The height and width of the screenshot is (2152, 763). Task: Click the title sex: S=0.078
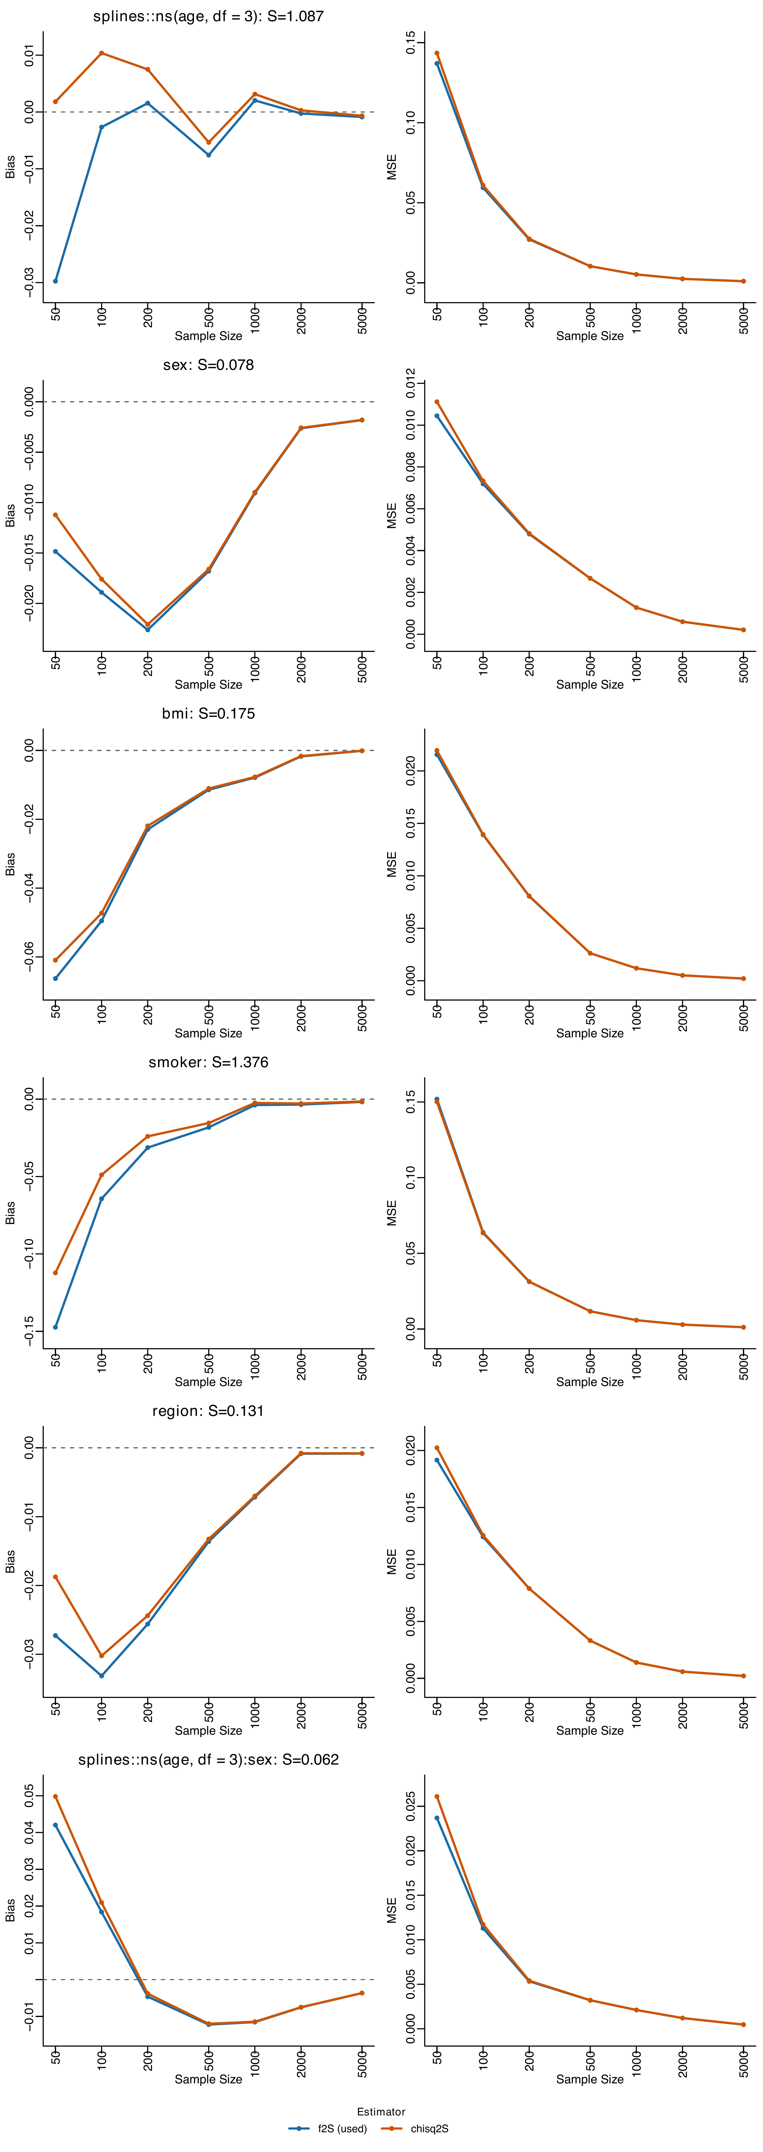tap(208, 365)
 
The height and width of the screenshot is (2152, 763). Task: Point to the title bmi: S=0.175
tap(208, 713)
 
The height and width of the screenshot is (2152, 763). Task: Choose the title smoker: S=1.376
tap(208, 1062)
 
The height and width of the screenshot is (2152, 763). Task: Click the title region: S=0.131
tap(208, 1411)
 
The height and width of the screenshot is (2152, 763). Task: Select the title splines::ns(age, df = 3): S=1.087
tap(208, 16)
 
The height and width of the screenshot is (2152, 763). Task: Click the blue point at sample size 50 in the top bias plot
tap(55, 281)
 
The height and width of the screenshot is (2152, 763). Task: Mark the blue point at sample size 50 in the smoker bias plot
tap(55, 1327)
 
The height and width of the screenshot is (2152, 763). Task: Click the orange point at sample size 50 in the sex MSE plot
tap(436, 402)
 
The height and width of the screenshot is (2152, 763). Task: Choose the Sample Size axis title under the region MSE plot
tap(590, 1730)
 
